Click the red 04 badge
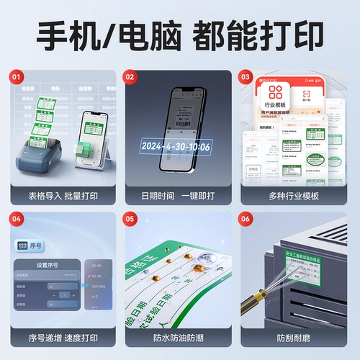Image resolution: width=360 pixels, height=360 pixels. (x=17, y=218)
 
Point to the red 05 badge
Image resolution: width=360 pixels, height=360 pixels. (x=130, y=218)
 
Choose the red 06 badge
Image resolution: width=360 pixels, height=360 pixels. (x=245, y=218)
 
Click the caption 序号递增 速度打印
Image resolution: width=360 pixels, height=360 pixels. (x=64, y=338)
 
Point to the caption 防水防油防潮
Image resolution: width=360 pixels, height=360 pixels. (x=179, y=338)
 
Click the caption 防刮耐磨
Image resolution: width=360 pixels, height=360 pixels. (x=293, y=338)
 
